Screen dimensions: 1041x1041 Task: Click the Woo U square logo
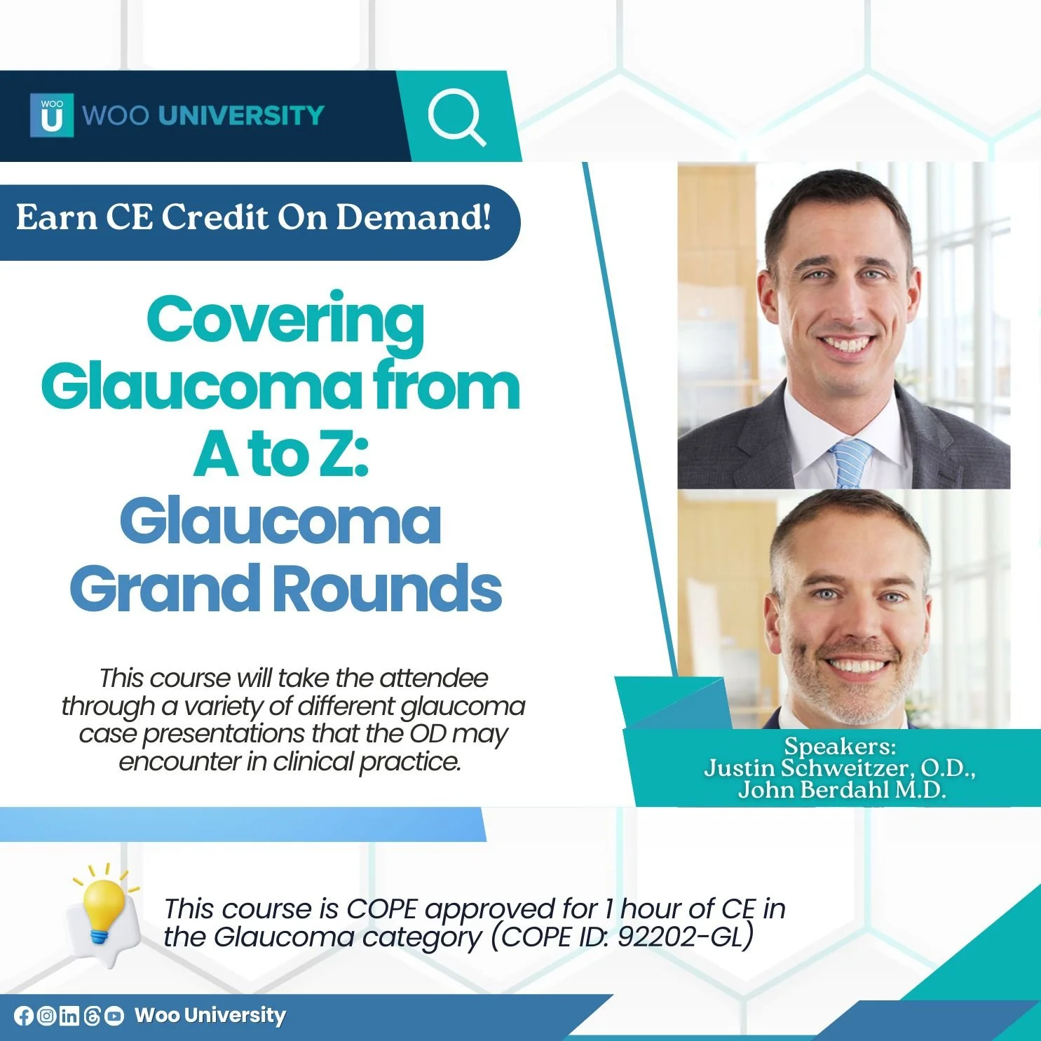click(51, 115)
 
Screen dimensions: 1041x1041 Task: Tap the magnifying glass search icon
click(456, 116)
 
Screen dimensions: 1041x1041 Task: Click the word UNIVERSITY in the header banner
click(241, 116)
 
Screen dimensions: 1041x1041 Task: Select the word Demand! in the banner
click(414, 217)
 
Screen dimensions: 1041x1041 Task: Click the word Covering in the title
click(285, 321)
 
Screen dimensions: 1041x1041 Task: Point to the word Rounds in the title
click(391, 589)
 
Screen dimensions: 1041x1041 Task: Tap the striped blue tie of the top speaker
click(850, 463)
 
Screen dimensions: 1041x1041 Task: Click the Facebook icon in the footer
click(24, 1016)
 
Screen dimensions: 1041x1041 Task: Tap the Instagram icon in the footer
click(46, 1016)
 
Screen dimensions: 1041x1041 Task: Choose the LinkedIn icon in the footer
click(69, 1016)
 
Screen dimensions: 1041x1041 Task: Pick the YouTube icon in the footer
click(114, 1016)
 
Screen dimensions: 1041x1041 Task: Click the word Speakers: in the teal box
click(840, 746)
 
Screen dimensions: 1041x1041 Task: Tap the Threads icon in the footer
click(92, 1016)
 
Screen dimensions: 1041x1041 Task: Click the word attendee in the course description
click(434, 679)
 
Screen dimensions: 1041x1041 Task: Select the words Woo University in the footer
click(210, 1016)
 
